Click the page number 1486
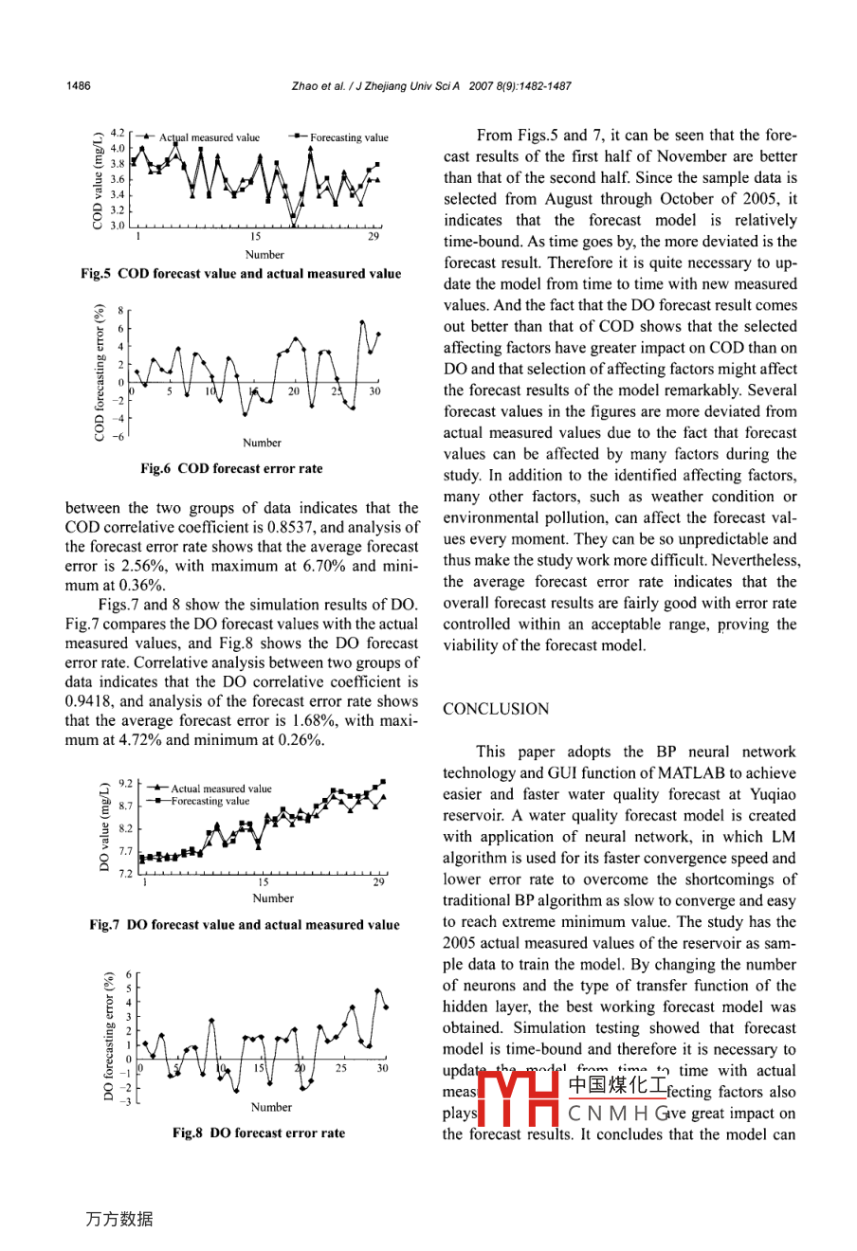(x=79, y=86)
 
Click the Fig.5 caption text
(x=241, y=274)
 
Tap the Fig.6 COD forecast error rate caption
(x=231, y=468)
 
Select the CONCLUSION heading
(x=496, y=709)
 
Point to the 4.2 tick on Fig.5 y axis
(x=118, y=134)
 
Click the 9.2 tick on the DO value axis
(x=125, y=784)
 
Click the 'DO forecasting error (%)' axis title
(x=109, y=1037)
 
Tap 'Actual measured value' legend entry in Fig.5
(x=209, y=137)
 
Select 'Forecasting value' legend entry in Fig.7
(x=210, y=801)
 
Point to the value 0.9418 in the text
(x=89, y=702)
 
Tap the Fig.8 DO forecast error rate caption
(x=258, y=1133)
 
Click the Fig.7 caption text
(x=245, y=925)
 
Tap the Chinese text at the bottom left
(x=119, y=1219)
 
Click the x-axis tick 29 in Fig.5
(x=374, y=237)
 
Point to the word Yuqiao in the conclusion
(x=774, y=794)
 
